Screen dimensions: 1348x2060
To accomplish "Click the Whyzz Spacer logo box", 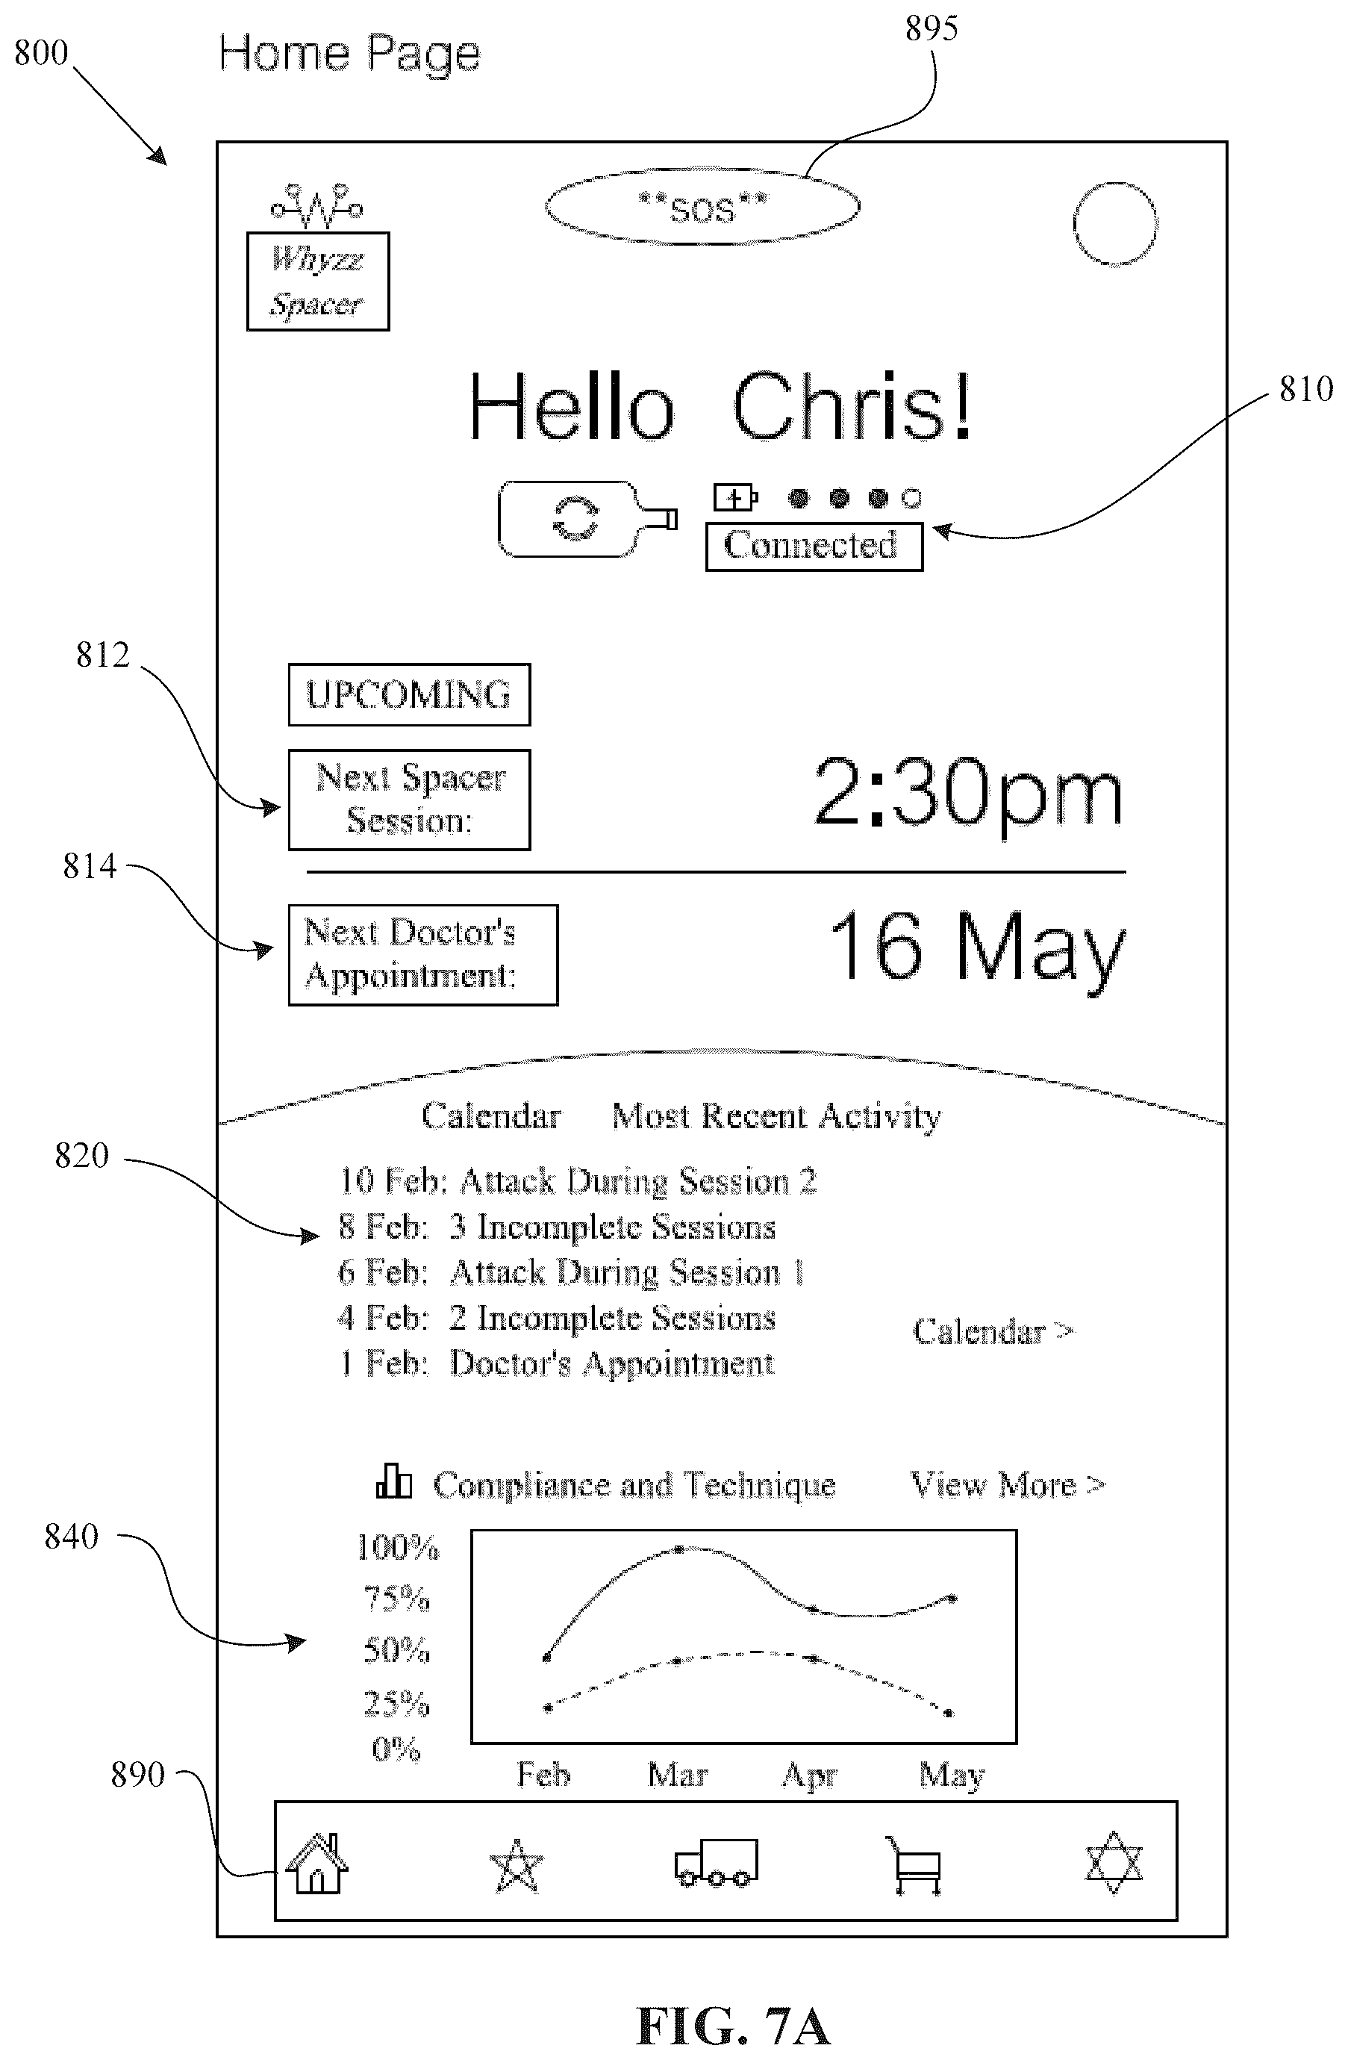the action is pyautogui.click(x=317, y=281).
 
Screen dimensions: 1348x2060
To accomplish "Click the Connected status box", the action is pyautogui.click(x=814, y=546).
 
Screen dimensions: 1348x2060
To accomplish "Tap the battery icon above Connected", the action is pyautogui.click(x=735, y=498).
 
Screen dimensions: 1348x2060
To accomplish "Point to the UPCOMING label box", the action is pyautogui.click(x=409, y=695).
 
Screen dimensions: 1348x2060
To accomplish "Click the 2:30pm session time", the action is pyautogui.click(x=968, y=794).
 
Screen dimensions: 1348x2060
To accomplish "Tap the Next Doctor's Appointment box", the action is pyautogui.click(x=423, y=955).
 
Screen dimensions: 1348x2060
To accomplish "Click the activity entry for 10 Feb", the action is pyautogui.click(x=578, y=1180).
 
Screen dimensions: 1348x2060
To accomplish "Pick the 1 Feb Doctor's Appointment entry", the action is pyautogui.click(x=556, y=1363).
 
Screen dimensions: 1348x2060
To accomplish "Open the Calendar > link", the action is pyautogui.click(x=993, y=1331).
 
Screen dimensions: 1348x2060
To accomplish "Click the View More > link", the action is pyautogui.click(x=1008, y=1484).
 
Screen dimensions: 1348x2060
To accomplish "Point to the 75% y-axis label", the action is pyautogui.click(x=397, y=1598).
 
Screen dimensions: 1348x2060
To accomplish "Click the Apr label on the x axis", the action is pyautogui.click(x=810, y=1776).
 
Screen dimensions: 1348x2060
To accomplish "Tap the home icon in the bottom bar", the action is pyautogui.click(x=316, y=1864).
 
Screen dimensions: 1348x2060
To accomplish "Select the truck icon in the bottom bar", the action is pyautogui.click(x=717, y=1863).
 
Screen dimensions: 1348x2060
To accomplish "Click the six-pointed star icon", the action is pyautogui.click(x=1114, y=1863).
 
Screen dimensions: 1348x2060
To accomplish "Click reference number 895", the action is pyautogui.click(x=931, y=29).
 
